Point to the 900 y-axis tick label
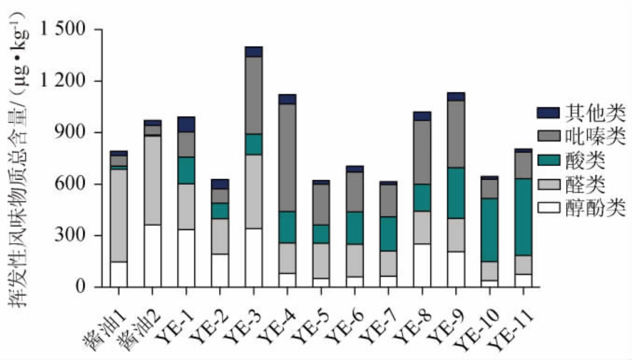[x=73, y=133]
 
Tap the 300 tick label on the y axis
[x=73, y=236]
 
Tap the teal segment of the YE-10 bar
[x=490, y=230]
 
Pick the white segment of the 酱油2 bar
[x=152, y=256]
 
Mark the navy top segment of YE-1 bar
[x=186, y=124]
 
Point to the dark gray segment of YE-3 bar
[x=254, y=95]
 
